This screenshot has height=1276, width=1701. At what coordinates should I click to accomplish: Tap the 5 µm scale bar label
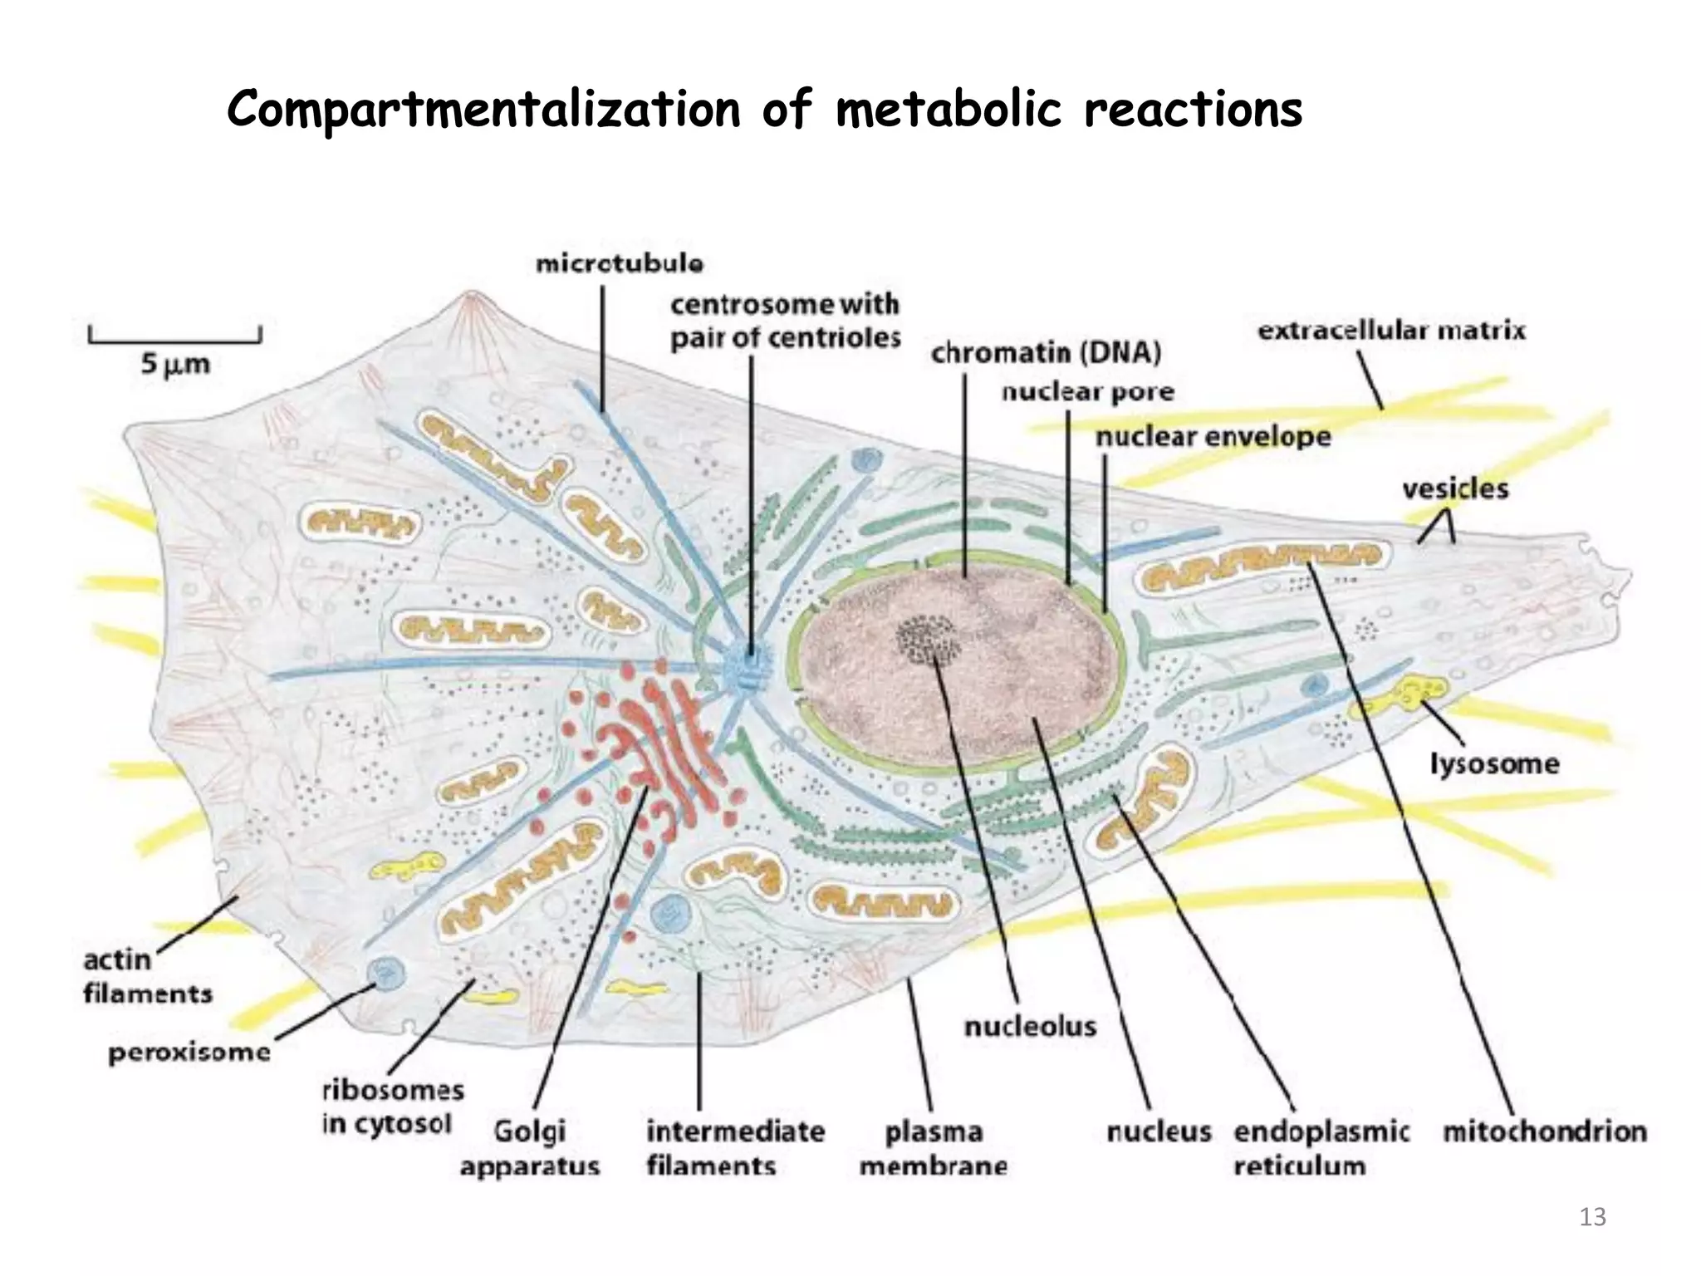tap(175, 365)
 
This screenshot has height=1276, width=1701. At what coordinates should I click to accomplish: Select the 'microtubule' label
tap(620, 264)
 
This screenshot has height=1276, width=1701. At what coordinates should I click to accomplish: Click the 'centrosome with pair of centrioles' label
tap(785, 321)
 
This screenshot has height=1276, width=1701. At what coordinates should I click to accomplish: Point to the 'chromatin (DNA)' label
tap(1046, 353)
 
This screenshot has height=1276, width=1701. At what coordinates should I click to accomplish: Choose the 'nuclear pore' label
tap(1087, 392)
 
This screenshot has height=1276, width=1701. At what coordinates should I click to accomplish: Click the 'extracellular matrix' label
tap(1391, 331)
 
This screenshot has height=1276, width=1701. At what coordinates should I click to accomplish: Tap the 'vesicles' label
tap(1455, 488)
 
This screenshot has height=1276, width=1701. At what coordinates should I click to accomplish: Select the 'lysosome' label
tap(1494, 763)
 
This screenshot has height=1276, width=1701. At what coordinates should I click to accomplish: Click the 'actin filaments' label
tap(147, 977)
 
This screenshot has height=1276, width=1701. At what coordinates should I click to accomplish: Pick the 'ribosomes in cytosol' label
tap(392, 1107)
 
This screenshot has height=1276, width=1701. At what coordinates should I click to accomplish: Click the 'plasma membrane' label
tap(934, 1149)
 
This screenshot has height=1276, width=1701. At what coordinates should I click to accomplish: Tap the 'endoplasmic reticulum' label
tap(1321, 1149)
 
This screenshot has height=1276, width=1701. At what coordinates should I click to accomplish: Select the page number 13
tap(1592, 1218)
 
